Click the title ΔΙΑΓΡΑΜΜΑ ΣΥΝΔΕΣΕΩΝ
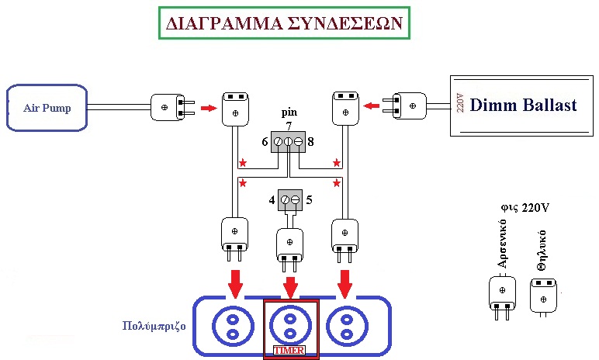click(284, 23)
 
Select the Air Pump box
click(47, 107)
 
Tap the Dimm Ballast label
click(523, 106)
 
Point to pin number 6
click(265, 142)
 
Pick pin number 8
click(310, 142)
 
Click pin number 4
click(272, 200)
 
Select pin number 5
click(309, 200)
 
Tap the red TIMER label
click(290, 351)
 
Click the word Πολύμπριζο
click(154, 326)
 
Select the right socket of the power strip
click(344, 325)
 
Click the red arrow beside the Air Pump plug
click(207, 107)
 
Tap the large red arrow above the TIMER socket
click(290, 286)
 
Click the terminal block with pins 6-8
click(288, 141)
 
